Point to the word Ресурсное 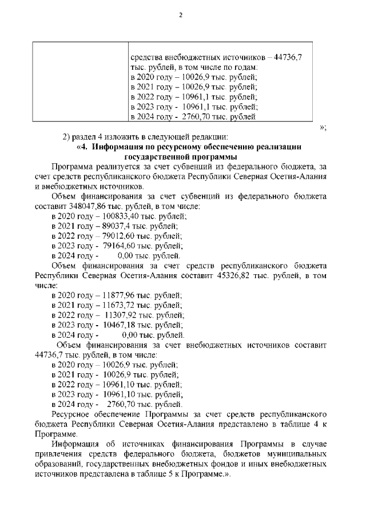click(x=71, y=413)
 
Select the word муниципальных click(x=298, y=454)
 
